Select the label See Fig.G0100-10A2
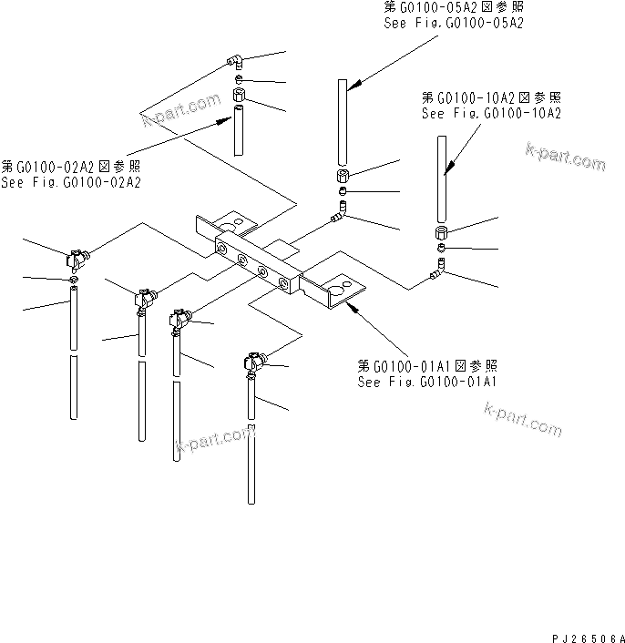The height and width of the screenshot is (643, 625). tap(490, 114)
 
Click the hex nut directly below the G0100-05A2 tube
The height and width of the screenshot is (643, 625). tap(343, 175)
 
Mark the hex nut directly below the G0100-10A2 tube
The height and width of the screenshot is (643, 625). tap(440, 232)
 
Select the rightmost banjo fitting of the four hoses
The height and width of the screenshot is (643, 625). tap(251, 363)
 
